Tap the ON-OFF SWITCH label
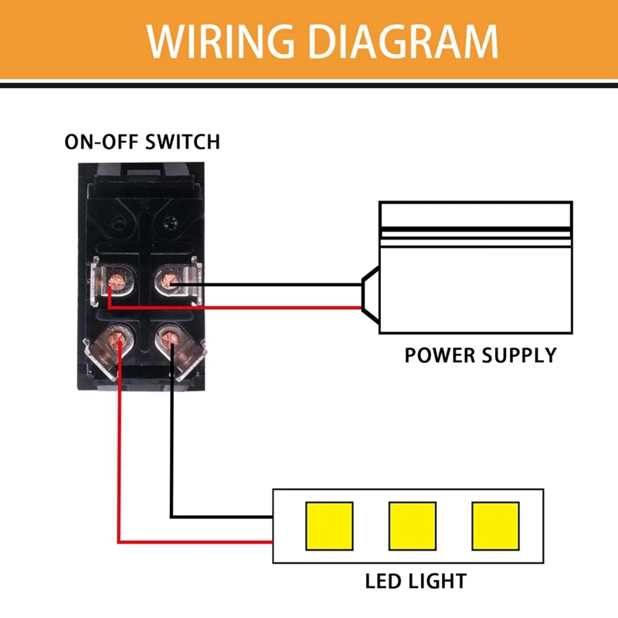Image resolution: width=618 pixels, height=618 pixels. tap(142, 142)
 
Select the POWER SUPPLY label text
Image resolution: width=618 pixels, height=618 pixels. tap(480, 355)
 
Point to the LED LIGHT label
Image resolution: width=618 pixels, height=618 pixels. tap(415, 579)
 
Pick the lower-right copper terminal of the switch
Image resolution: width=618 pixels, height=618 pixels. tap(170, 338)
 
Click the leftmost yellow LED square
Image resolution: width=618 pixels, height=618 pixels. tap(330, 526)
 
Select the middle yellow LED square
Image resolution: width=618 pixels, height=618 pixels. tap(413, 526)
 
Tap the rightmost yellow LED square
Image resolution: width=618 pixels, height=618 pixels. tap(494, 526)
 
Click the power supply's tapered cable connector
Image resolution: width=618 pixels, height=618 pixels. tap(370, 296)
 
